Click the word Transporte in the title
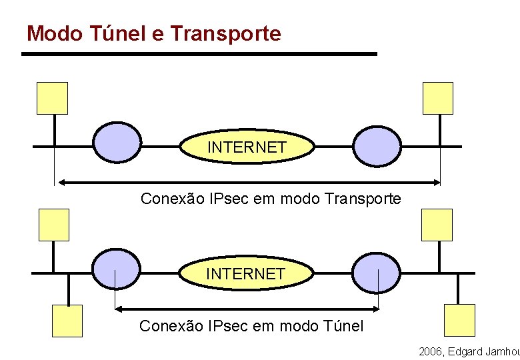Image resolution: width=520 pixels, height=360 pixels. point(226,33)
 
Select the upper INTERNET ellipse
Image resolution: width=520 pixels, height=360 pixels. point(247,147)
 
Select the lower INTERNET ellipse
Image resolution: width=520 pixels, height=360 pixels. point(246,273)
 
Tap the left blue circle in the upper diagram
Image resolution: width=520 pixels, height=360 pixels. point(117,143)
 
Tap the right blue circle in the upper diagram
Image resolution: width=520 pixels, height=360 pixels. point(377,146)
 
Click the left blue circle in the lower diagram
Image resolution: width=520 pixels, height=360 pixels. point(117,270)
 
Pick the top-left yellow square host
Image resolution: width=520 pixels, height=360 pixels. point(52,98)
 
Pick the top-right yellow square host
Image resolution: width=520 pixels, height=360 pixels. point(438,98)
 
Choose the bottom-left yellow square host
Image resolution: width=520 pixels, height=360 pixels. point(67,321)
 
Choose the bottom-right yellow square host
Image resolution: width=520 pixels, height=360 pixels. point(460,320)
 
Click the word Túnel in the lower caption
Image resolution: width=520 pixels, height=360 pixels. point(345,326)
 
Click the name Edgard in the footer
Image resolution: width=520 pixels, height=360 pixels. point(469,351)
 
